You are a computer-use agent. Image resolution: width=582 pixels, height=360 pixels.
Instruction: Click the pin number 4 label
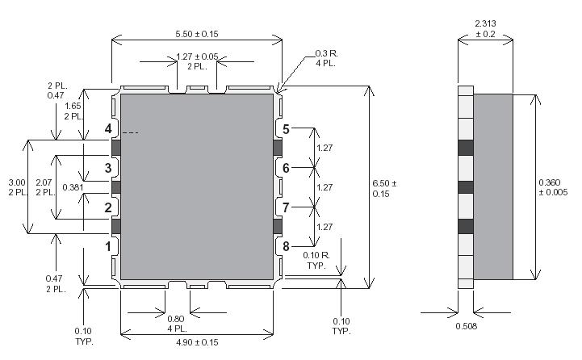point(108,129)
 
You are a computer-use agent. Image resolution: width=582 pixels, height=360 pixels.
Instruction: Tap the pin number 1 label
point(108,245)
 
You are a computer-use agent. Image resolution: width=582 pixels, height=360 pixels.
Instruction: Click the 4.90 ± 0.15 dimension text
point(197,342)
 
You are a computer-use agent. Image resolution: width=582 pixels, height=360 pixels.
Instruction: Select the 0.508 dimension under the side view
point(463,327)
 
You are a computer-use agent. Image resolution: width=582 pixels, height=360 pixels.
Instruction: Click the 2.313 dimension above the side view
point(485,23)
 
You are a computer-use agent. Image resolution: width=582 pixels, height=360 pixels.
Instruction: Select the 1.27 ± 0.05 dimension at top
point(196,57)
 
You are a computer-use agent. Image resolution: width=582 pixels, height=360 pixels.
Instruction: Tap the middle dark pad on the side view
point(464,187)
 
